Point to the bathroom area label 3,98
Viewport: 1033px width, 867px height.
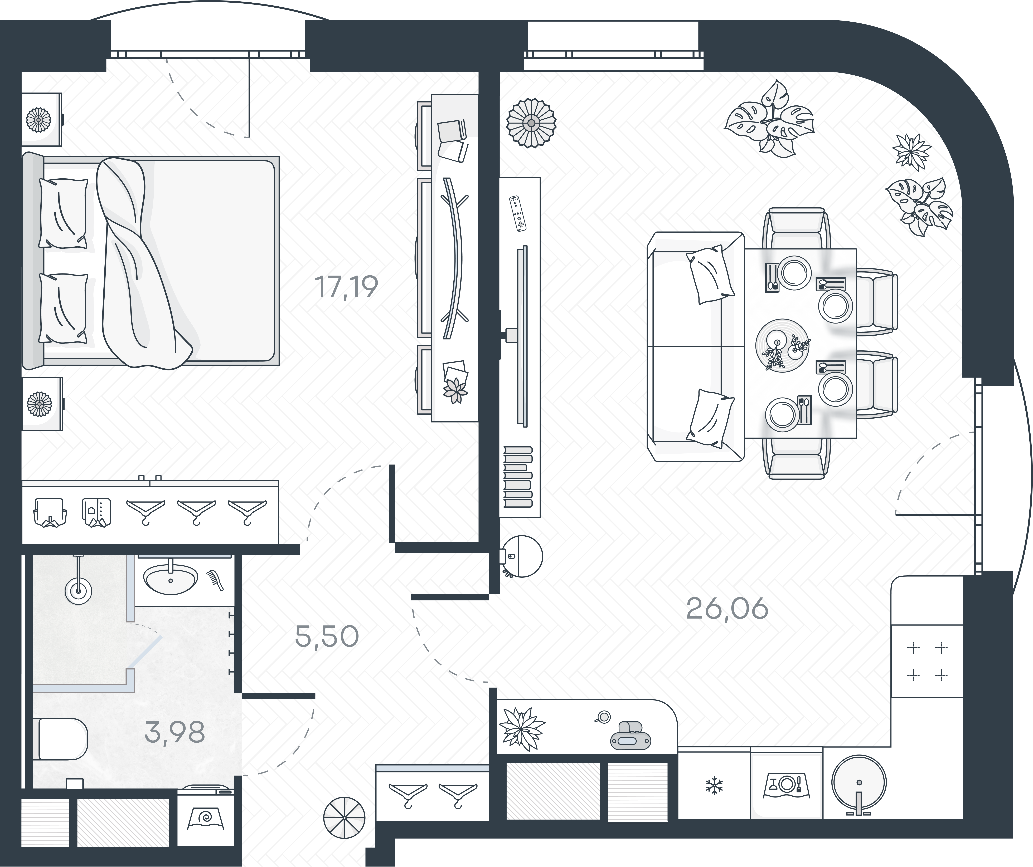(x=175, y=733)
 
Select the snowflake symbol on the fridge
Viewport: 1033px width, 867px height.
(x=712, y=785)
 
